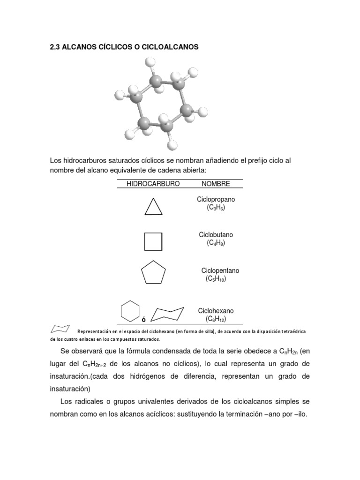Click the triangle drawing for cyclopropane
153,207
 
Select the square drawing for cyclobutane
153,241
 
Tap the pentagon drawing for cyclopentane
153,273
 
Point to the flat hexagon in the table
130,311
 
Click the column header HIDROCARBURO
153,184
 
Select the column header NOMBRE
216,184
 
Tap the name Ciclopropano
216,200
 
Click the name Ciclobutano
216,234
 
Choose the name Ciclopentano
220,270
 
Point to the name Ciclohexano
216,311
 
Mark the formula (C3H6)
216,208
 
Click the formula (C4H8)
216,243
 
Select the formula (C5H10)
216,279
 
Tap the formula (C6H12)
216,319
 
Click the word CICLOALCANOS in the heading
169,47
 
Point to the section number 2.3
56,47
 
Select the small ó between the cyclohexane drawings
143,320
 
